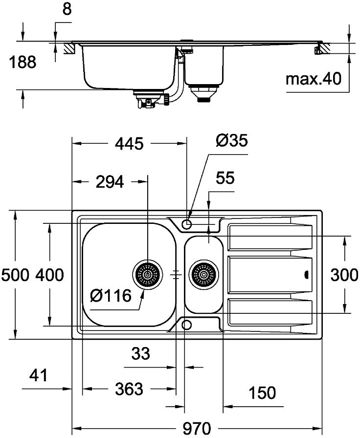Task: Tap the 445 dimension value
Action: pyautogui.click(x=130, y=144)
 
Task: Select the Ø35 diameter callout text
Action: pyautogui.click(x=232, y=140)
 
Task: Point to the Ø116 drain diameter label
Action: pyautogui.click(x=111, y=296)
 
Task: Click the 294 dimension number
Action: pyautogui.click(x=110, y=182)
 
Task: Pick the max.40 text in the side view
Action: pyautogui.click(x=314, y=79)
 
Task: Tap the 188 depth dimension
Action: pyautogui.click(x=22, y=62)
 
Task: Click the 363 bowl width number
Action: pyautogui.click(x=129, y=389)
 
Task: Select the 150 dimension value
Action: pyautogui.click(x=262, y=393)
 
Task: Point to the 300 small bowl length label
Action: pyautogui.click(x=344, y=275)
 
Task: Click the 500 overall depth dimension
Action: pyautogui.click(x=15, y=275)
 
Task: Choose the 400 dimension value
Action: pyautogui.click(x=49, y=275)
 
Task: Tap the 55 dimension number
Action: pyautogui.click(x=225, y=178)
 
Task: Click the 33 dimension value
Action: pyautogui.click(x=140, y=353)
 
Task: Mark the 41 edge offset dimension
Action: pyautogui.click(x=38, y=375)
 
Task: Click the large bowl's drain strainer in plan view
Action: pyautogui.click(x=147, y=275)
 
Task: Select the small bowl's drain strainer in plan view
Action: pyautogui.click(x=203, y=275)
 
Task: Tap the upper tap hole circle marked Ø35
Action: pyautogui.click(x=186, y=224)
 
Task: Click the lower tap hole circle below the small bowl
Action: pyautogui.click(x=186, y=325)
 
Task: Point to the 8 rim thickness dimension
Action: pyautogui.click(x=67, y=9)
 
